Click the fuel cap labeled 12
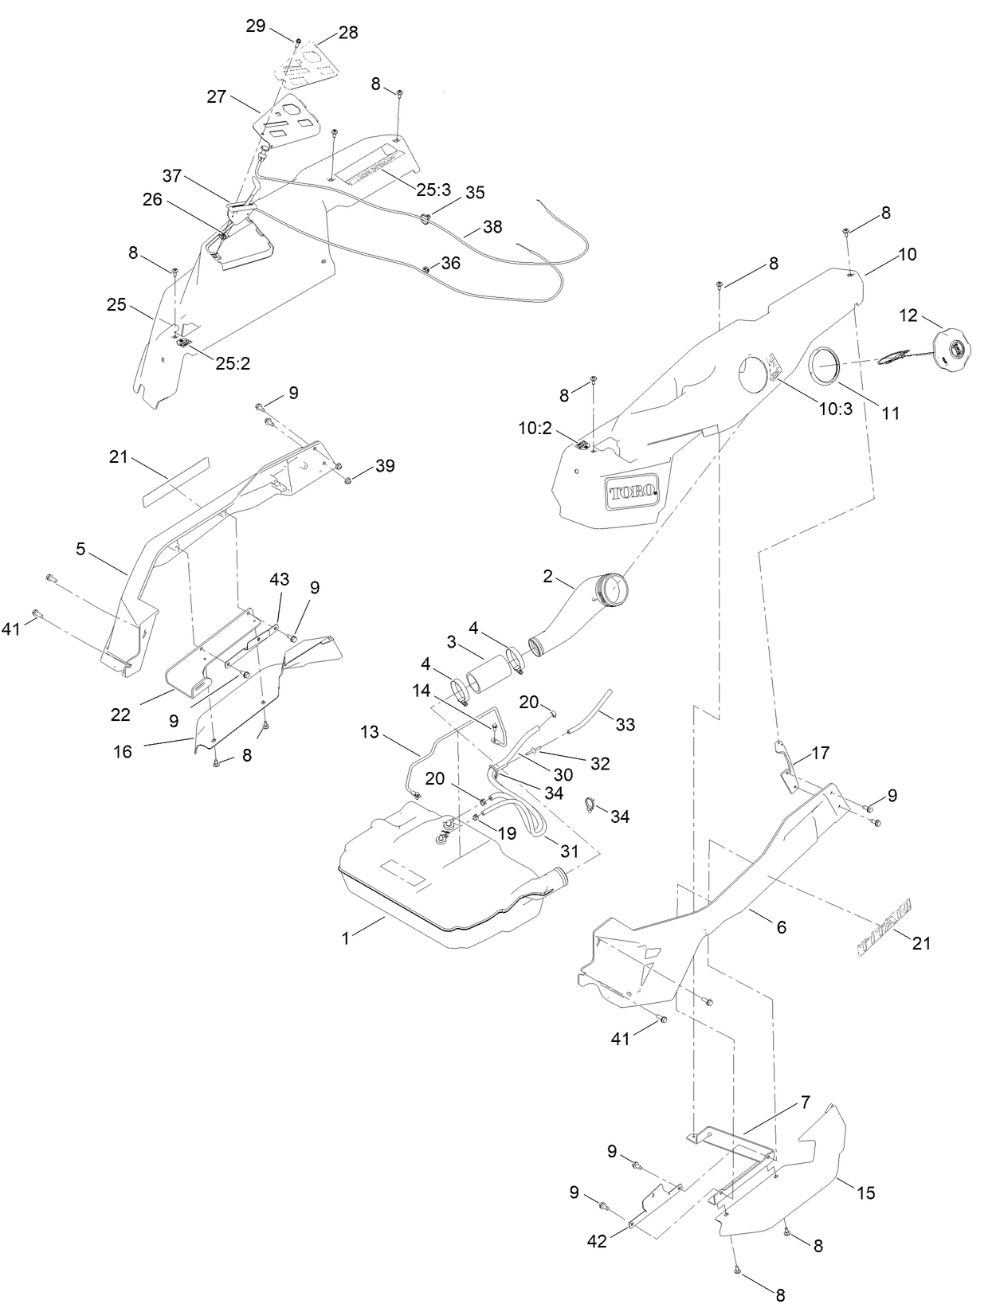click(951, 351)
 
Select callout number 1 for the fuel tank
click(346, 938)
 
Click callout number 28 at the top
click(348, 33)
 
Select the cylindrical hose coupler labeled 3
click(488, 673)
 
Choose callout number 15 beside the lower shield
click(865, 1192)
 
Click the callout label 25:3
click(433, 190)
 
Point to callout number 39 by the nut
click(385, 466)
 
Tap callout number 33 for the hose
click(625, 724)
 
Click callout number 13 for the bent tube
click(370, 732)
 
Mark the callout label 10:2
click(535, 429)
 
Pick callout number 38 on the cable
click(492, 226)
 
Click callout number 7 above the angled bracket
click(805, 1102)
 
